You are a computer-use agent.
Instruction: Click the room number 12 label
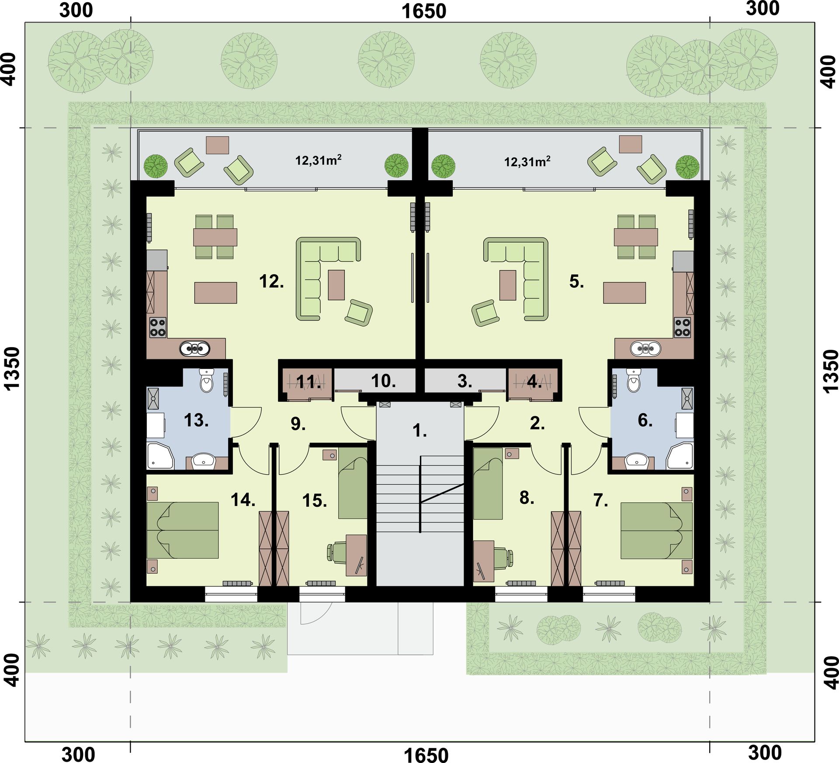point(271,281)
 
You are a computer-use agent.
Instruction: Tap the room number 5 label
point(576,282)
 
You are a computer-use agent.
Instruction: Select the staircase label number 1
point(419,431)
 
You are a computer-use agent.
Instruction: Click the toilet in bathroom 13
point(207,380)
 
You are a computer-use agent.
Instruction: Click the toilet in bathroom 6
point(633,380)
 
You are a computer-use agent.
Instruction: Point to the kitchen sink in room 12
point(194,348)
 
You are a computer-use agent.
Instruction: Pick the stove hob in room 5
point(682,327)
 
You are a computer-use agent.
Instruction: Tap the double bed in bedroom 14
point(183,530)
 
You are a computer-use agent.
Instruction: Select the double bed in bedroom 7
point(656,530)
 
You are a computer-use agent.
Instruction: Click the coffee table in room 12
point(336,285)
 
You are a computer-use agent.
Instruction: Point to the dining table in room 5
point(636,237)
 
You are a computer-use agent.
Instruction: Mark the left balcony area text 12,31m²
point(318,160)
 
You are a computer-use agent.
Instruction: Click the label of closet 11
point(309,382)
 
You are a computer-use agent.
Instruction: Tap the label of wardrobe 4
point(534,382)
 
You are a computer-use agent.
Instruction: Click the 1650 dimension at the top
point(424,11)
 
